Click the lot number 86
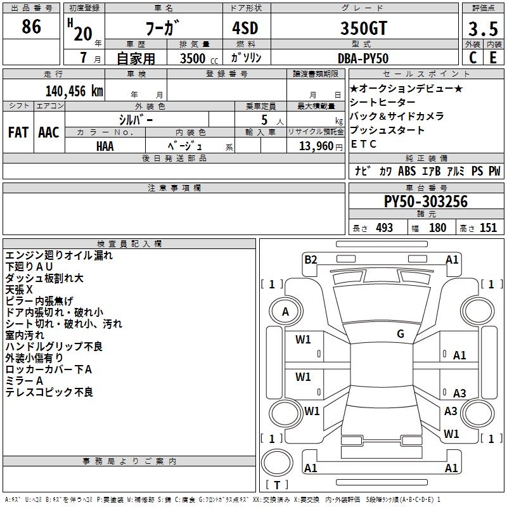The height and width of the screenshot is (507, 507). [31, 27]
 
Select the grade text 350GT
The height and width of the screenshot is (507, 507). [362, 28]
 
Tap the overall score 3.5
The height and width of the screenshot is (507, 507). [482, 29]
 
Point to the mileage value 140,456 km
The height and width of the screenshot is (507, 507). [74, 91]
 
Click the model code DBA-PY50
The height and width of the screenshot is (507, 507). [362, 58]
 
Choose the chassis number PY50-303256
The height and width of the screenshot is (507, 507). [426, 202]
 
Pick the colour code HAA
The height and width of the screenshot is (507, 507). [105, 146]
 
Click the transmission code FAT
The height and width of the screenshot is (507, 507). [18, 132]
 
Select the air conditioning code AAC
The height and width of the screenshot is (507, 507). [49, 132]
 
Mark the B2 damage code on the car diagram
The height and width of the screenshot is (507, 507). [311, 259]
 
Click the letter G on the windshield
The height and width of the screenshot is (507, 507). [401, 334]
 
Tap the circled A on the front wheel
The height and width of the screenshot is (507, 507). [285, 311]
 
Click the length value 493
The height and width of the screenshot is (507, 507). [382, 228]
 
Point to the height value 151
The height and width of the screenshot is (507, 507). [488, 228]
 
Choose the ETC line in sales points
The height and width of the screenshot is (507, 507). [364, 144]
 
